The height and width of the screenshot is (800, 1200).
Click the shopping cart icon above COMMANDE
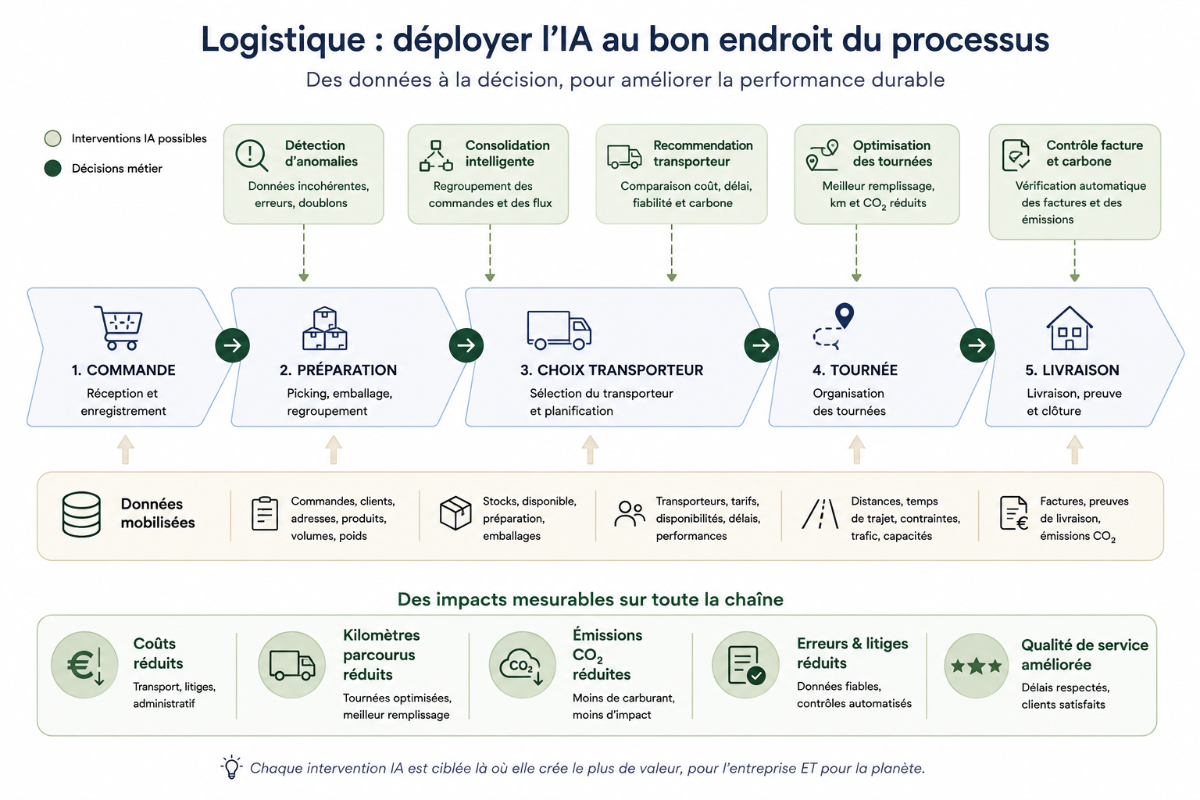(119, 328)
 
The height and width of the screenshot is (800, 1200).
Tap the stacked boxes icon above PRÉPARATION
(325, 328)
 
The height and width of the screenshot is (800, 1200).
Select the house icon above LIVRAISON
(1070, 328)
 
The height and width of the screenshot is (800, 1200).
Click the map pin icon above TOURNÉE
(845, 315)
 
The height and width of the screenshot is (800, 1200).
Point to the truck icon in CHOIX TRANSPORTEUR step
(559, 330)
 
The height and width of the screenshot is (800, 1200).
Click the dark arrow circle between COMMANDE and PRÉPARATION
(233, 345)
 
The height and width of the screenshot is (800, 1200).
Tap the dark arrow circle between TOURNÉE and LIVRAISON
(977, 345)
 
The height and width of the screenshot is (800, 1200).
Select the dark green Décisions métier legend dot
(52, 168)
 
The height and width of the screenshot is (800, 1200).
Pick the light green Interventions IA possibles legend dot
(52, 138)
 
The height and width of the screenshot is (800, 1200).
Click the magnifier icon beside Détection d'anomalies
(252, 155)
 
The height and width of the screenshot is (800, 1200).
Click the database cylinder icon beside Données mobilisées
(81, 514)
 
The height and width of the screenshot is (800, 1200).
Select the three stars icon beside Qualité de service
(976, 666)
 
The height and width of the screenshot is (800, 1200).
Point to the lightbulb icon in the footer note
(231, 766)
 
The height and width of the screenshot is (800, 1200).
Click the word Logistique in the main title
(284, 40)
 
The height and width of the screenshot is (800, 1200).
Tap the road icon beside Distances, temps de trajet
(820, 514)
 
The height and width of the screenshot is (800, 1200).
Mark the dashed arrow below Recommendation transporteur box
(672, 253)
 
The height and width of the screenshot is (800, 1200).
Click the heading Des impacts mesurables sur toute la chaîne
(591, 599)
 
